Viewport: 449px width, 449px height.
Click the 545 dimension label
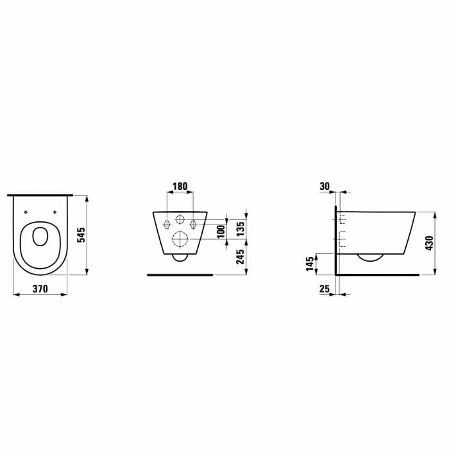[x=82, y=235]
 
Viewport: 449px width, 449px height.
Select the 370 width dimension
[x=40, y=289]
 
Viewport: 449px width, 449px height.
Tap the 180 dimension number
[x=180, y=186]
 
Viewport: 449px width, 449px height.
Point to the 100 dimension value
[x=221, y=232]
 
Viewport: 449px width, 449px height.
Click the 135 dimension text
[x=241, y=228]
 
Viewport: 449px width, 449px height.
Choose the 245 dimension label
[x=241, y=257]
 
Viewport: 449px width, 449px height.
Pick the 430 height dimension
[x=429, y=243]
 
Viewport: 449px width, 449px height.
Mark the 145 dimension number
[x=310, y=264]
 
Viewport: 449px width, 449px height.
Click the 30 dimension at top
[x=325, y=187]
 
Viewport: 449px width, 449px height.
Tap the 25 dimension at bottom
[x=325, y=289]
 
